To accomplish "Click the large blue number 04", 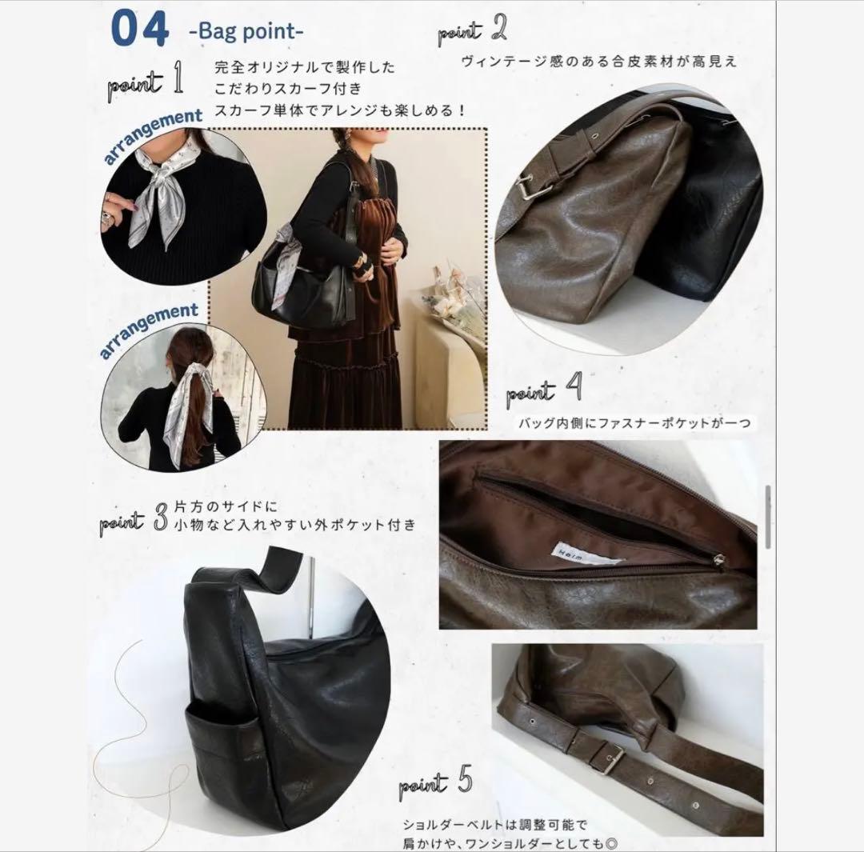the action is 139,29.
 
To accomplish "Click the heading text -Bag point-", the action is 246,31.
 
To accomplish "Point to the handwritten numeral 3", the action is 160,518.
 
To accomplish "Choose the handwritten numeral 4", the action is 574,387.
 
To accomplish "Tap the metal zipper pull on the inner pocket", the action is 718,561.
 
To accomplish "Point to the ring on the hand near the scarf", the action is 106,218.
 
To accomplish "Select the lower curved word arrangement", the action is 149,330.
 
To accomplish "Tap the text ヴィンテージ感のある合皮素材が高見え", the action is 598,62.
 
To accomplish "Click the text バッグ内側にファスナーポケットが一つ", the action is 634,423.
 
